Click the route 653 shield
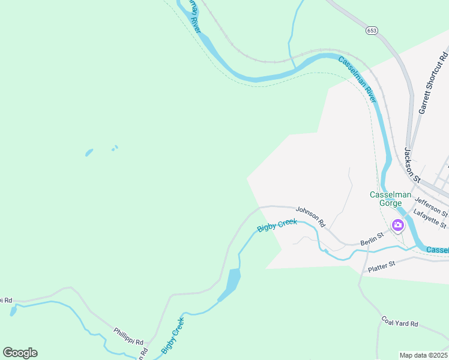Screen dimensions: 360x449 [373, 29]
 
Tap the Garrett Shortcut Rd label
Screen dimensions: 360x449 [434, 83]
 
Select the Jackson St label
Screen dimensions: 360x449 [411, 165]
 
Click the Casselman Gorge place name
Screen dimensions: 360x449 [390, 199]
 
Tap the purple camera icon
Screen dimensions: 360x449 [397, 226]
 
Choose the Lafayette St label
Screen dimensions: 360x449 [430, 220]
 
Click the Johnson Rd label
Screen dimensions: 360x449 [310, 217]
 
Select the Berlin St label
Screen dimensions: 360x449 [372, 238]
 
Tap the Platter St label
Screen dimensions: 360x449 [382, 264]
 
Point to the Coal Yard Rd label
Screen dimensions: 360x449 [399, 322]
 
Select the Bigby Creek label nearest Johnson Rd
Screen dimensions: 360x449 [277, 226]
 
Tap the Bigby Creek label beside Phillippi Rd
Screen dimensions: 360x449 [172, 335]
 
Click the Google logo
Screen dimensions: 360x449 [20, 353]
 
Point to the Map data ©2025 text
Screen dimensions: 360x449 [423, 355]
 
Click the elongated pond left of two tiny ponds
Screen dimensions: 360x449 [89, 152]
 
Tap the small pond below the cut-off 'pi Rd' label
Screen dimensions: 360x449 [13, 311]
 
